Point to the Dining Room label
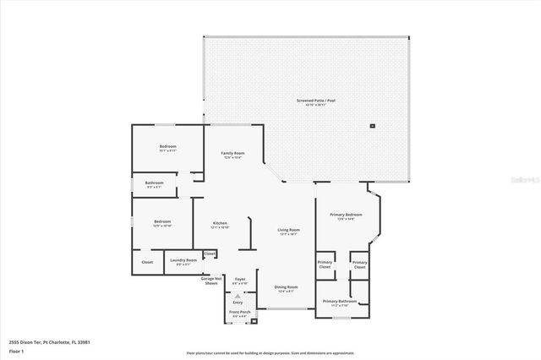[286, 288]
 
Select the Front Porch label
[239, 314]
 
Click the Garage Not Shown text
[210, 281]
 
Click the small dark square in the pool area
[372, 126]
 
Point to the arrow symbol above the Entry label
[238, 297]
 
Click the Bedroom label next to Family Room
[168, 148]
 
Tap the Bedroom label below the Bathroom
[162, 224]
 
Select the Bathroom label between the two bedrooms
[154, 184]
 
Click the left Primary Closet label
[325, 264]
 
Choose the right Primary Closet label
[359, 264]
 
